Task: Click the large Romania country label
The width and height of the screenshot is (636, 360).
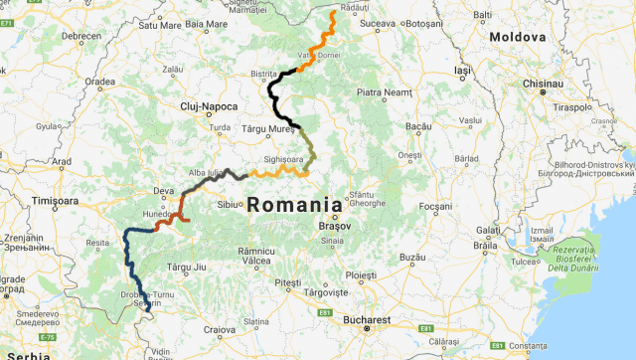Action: click(293, 205)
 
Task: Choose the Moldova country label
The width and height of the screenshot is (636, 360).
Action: click(517, 37)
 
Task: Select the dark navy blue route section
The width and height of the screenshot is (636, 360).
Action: click(132, 264)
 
